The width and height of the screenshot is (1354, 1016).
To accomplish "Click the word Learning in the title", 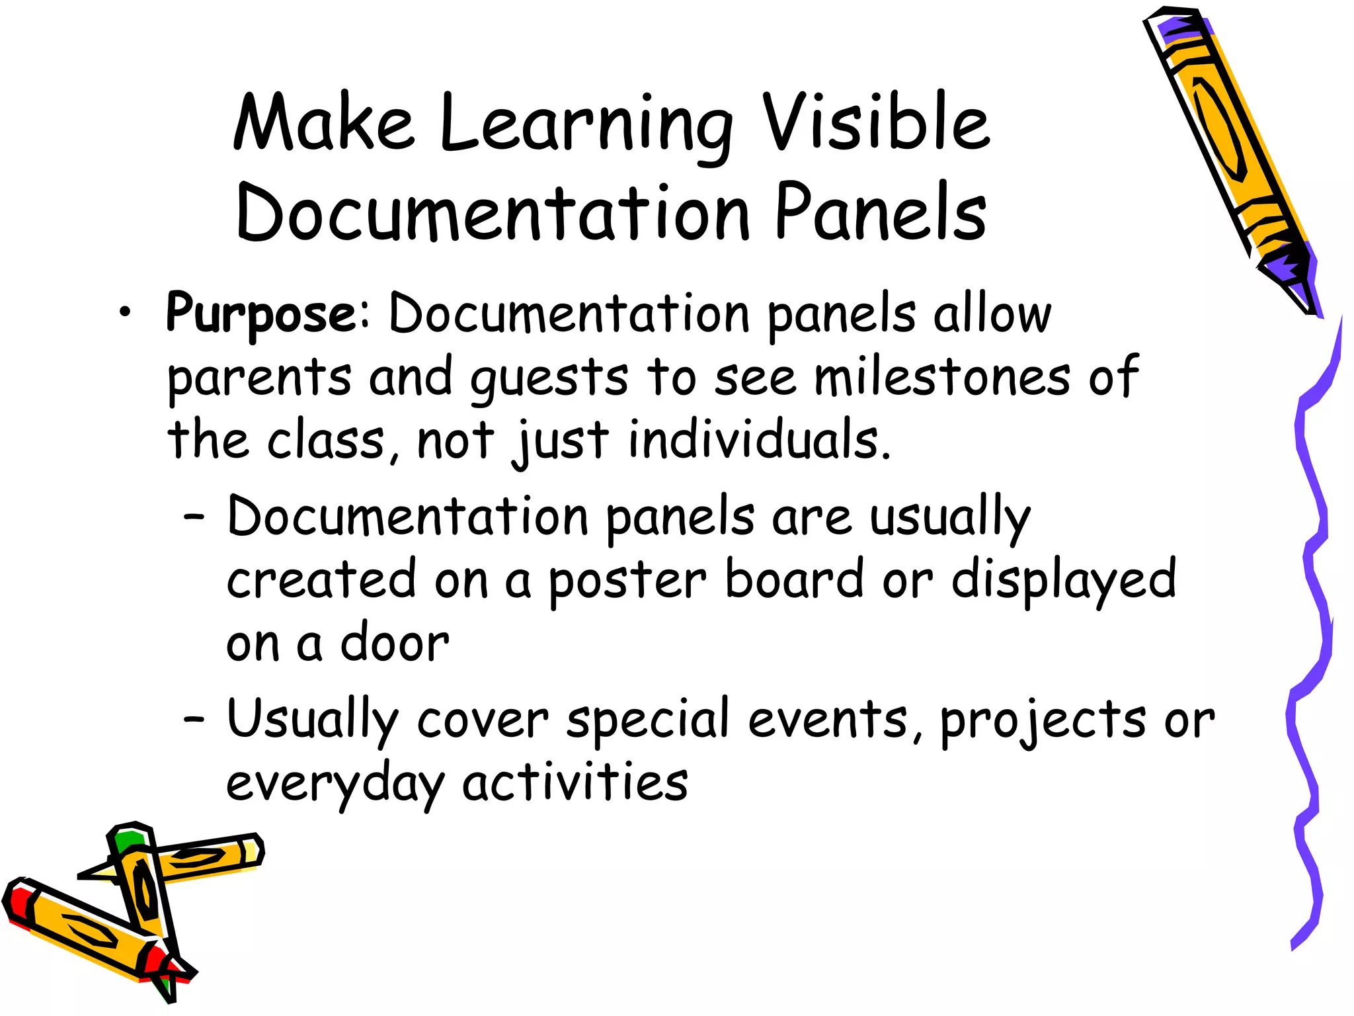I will [586, 126].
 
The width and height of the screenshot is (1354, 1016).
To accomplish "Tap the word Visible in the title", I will [876, 122].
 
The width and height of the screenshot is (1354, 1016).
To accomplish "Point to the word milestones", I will [941, 377].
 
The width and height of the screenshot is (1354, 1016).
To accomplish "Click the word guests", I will [549, 379].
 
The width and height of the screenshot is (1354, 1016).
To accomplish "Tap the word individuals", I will [758, 440].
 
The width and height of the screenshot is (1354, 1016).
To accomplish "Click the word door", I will [395, 643].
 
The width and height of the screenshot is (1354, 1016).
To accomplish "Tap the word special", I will [648, 721].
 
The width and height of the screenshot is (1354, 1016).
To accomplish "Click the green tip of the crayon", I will [127, 841].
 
